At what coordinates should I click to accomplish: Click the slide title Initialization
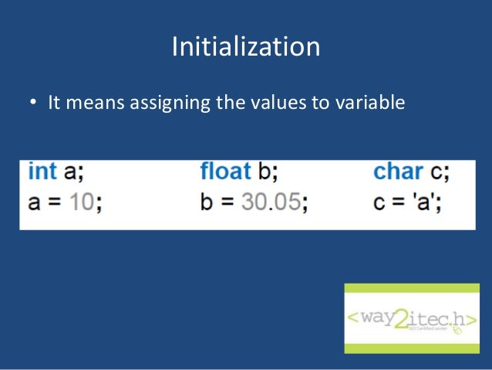(x=245, y=47)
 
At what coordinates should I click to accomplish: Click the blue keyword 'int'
(x=43, y=171)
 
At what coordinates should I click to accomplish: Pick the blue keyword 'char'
(x=398, y=171)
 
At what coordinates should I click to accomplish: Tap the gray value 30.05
(x=270, y=202)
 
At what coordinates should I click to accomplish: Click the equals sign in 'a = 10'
(x=55, y=203)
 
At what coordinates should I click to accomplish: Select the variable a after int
(x=70, y=171)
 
